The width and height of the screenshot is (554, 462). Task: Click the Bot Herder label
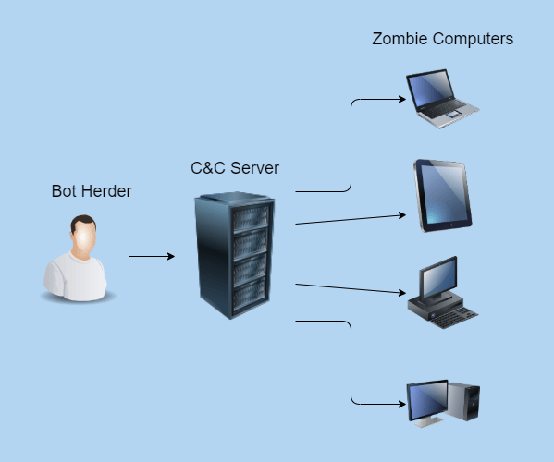click(92, 191)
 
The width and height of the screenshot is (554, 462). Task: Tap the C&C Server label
click(235, 168)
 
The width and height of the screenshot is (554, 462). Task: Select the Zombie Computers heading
click(443, 39)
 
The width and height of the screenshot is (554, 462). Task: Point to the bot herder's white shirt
click(75, 277)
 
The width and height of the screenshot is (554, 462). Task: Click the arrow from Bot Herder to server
click(152, 256)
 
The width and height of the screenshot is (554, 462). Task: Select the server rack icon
click(234, 256)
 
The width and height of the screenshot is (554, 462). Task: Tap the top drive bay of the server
click(250, 217)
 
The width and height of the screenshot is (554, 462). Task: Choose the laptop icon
click(443, 99)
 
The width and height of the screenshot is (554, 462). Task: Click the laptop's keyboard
click(446, 108)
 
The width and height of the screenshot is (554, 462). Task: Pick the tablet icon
click(443, 196)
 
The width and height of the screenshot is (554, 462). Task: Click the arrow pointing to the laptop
click(351, 145)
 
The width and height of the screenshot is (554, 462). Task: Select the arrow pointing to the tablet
click(351, 219)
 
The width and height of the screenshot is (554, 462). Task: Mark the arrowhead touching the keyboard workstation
click(402, 293)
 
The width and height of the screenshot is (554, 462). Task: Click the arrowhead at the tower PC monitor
click(402, 404)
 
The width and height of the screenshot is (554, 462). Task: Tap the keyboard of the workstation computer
click(453, 317)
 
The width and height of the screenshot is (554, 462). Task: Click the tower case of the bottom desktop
click(463, 401)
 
